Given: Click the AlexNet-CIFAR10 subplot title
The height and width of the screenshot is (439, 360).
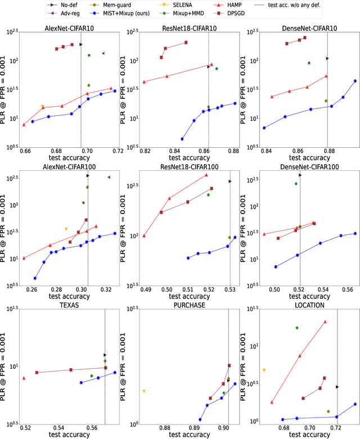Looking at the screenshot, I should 69,28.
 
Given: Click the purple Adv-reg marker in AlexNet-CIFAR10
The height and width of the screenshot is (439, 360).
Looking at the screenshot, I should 103,53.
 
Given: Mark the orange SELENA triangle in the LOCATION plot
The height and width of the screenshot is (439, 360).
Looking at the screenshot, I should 264,370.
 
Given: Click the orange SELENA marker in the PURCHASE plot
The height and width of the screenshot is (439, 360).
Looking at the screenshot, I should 144,391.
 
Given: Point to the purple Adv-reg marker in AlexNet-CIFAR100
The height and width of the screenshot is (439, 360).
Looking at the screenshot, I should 109,177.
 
